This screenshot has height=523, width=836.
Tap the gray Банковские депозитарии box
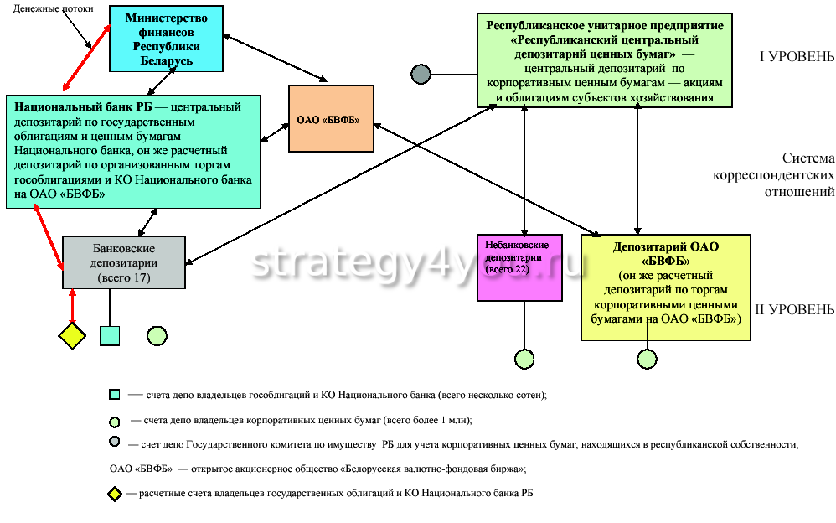click(x=122, y=262)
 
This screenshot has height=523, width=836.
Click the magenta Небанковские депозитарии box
click(x=518, y=267)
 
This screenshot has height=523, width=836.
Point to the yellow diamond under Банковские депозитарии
click(x=72, y=336)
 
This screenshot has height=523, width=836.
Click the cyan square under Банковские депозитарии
click(x=110, y=335)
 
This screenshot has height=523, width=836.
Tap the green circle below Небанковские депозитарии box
click(x=524, y=359)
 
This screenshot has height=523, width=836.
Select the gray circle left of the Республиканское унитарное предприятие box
click(x=421, y=74)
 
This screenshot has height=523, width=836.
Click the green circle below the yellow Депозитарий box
click(x=647, y=359)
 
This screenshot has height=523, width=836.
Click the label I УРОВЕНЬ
click(x=796, y=57)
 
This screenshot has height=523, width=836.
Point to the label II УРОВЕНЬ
click(x=794, y=310)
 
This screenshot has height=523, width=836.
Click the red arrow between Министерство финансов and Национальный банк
click(x=86, y=58)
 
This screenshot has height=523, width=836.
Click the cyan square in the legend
click(x=115, y=394)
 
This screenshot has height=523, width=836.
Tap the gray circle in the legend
click(x=115, y=443)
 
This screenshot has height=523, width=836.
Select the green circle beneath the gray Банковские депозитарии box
click(x=157, y=335)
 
